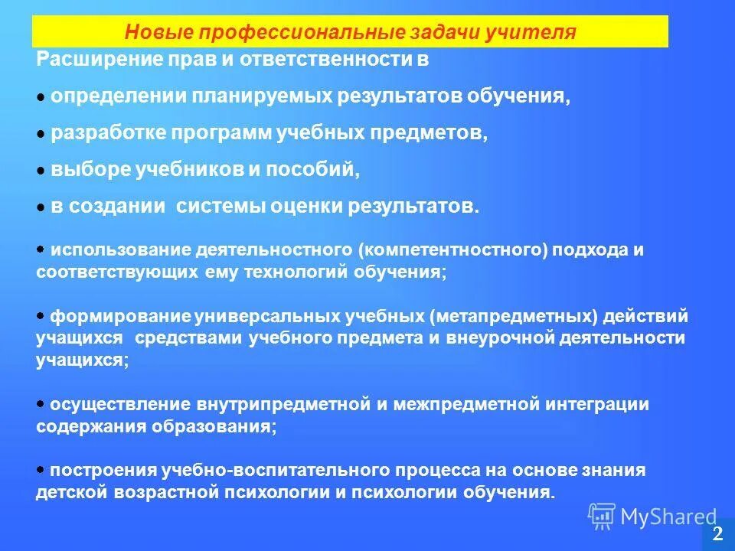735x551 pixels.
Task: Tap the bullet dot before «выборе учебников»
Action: tap(41, 171)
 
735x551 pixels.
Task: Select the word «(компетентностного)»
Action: tap(452, 250)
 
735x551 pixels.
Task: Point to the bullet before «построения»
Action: tap(41, 469)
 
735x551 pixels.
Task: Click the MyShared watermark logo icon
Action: tap(602, 517)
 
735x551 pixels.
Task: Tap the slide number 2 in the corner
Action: tap(717, 533)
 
